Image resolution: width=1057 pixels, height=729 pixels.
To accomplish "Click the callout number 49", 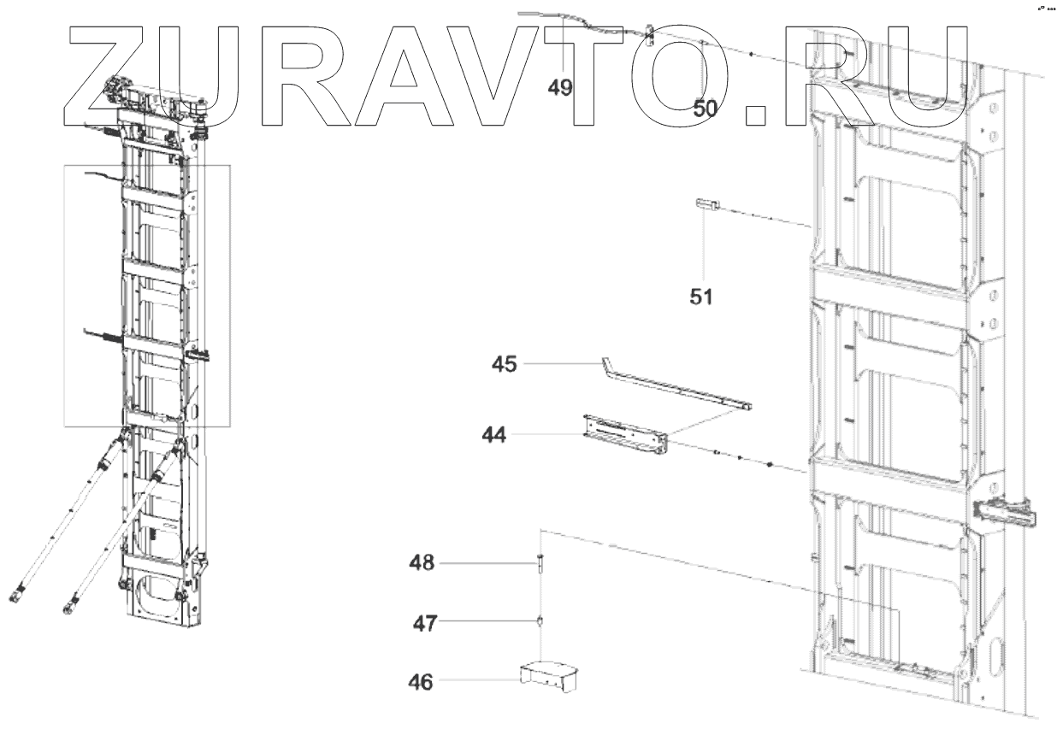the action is click(x=560, y=88).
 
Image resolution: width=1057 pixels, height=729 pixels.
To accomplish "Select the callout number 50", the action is click(x=706, y=108).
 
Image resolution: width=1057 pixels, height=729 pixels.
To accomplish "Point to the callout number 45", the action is click(x=505, y=364).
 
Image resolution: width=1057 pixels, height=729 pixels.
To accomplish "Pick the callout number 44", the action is click(x=493, y=435).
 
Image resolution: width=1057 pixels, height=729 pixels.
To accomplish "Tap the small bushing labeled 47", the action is click(x=540, y=621).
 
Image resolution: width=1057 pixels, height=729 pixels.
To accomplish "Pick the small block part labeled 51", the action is click(x=706, y=203).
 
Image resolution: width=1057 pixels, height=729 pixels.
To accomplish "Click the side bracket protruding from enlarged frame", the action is click(x=1007, y=513).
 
